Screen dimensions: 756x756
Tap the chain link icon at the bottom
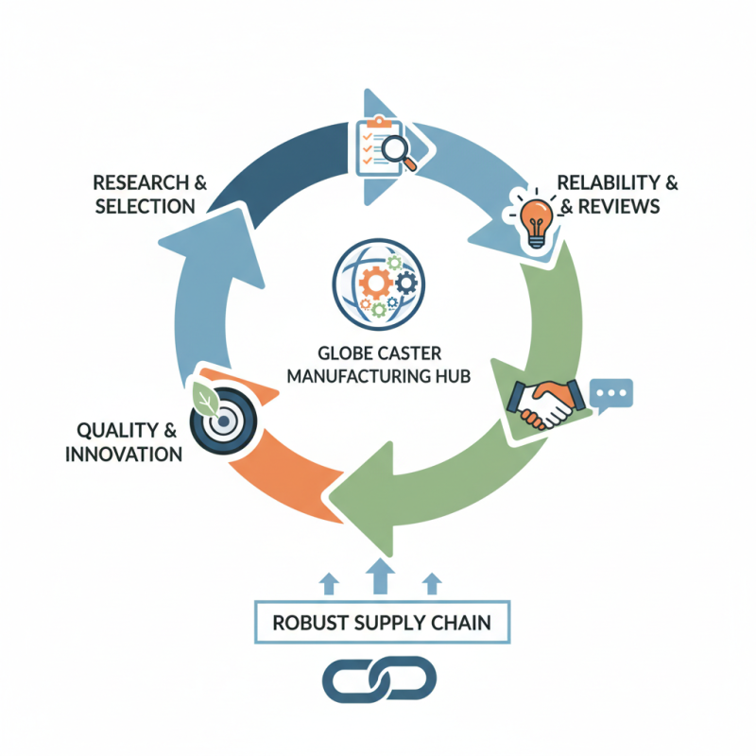coord(378,677)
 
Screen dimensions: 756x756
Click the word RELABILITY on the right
coord(606,180)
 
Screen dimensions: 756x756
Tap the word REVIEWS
coord(618,205)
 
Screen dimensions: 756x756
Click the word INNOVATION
coord(123,455)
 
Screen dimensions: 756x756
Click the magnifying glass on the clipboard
coord(404,153)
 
